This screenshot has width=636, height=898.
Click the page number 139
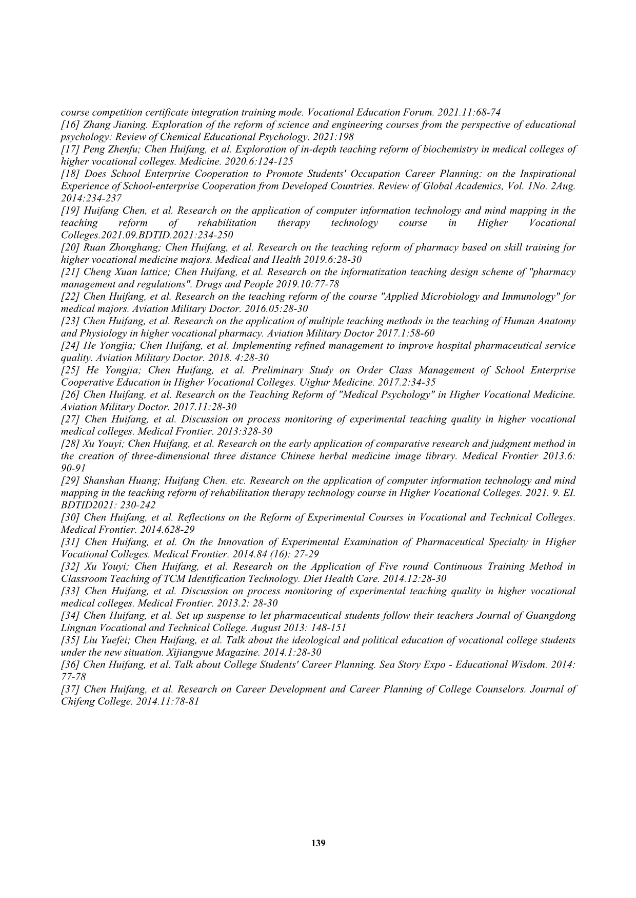[318, 843]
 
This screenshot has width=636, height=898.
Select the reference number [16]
[70, 124]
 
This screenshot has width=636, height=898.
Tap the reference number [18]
[70, 174]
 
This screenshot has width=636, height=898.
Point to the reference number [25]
[70, 370]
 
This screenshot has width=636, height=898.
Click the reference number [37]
[70, 689]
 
